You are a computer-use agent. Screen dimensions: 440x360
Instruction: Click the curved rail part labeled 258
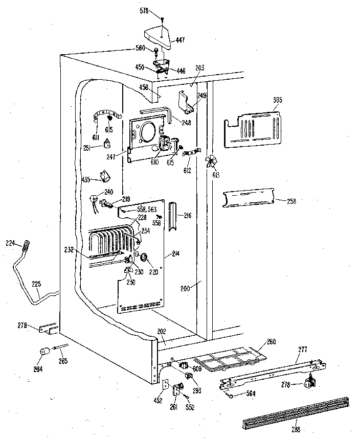pos(249,199)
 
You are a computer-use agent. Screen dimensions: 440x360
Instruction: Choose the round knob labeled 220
pos(143,256)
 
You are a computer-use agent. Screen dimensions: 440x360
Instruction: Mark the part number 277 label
pos(303,349)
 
